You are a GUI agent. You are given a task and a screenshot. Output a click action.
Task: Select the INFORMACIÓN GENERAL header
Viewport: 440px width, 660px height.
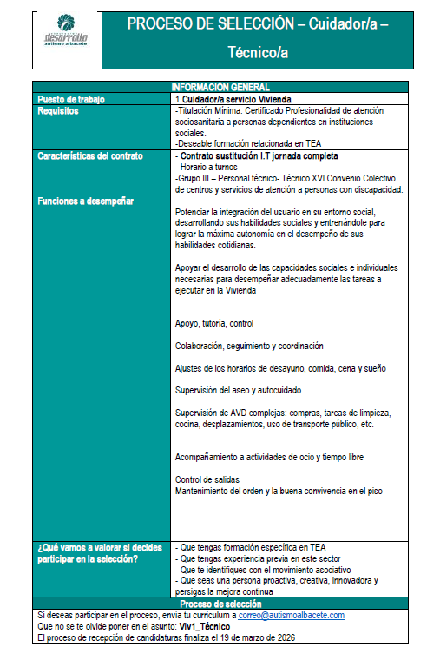(x=220, y=87)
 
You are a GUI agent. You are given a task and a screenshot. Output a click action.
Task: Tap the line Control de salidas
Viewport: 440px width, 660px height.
(x=207, y=479)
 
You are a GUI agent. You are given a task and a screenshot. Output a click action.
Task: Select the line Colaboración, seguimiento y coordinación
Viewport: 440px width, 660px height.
(x=249, y=346)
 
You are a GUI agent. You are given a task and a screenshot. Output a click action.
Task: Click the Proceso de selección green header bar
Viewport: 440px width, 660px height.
(x=220, y=603)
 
